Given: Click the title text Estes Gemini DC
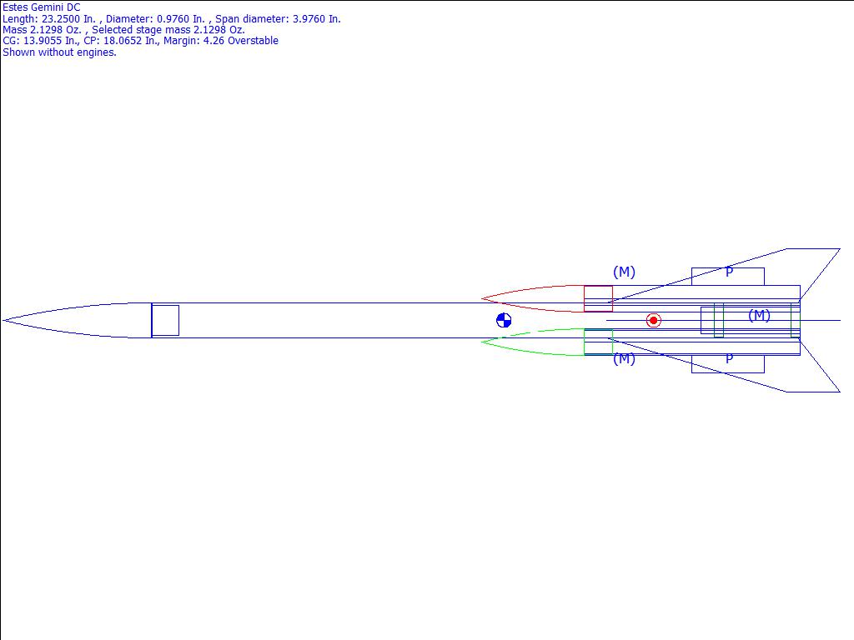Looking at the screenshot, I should click(41, 7).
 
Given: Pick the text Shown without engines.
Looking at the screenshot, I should click(59, 52).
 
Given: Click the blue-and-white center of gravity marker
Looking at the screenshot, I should click(504, 321).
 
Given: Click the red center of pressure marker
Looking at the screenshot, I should click(654, 321).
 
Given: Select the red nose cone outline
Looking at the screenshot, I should click(525, 290).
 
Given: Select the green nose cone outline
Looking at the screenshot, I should click(525, 351).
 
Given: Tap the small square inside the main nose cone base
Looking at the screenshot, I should click(165, 321).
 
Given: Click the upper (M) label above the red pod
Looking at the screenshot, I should click(624, 272).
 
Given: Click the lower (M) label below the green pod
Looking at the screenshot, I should click(624, 358).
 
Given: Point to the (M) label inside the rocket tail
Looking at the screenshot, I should click(759, 315).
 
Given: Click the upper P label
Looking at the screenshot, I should click(729, 272).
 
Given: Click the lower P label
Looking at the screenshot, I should click(729, 358).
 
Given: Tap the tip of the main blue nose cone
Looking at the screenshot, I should click(4, 320).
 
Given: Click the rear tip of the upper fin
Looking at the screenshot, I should click(839, 249).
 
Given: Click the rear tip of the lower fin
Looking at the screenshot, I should click(839, 391).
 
